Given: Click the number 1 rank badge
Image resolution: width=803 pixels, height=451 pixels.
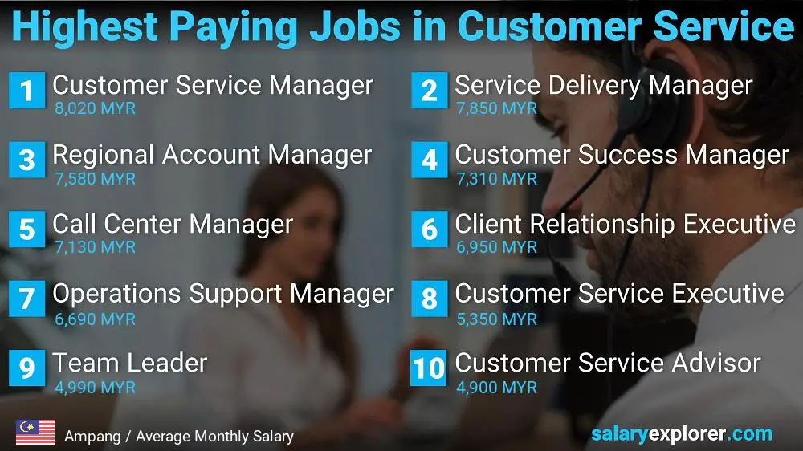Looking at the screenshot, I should click(x=26, y=90).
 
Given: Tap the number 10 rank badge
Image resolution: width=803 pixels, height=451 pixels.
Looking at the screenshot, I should click(x=429, y=368).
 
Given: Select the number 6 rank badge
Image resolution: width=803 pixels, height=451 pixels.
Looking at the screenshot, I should click(x=429, y=230).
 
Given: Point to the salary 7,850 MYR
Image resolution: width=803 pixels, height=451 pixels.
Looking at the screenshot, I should click(x=496, y=108).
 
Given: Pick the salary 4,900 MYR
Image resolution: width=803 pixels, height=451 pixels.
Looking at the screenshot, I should click(x=496, y=388).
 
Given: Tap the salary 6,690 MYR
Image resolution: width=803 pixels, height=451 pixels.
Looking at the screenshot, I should click(x=96, y=319).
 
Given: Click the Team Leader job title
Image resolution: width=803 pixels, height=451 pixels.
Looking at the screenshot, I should click(x=130, y=364).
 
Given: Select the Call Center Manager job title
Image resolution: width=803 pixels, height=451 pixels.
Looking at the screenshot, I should click(x=173, y=224).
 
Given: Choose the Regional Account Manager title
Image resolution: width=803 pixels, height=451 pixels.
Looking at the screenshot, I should click(x=212, y=154).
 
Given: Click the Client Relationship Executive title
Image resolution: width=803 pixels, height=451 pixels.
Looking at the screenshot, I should click(x=625, y=224).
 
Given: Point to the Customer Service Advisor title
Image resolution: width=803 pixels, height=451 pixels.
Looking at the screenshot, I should click(x=607, y=363).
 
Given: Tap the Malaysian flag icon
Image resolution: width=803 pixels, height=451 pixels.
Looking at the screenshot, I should click(x=35, y=433).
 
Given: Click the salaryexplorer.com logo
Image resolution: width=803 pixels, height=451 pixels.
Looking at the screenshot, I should click(x=681, y=434).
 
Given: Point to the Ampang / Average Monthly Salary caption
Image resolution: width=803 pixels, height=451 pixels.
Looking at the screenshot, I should click(x=178, y=437).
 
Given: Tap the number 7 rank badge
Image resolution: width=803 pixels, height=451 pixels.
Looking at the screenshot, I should click(x=26, y=299).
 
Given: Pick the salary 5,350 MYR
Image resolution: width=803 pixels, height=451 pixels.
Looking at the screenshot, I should click(x=496, y=319).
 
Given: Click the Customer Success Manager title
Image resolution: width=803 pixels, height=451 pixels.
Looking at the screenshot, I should click(x=622, y=154).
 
